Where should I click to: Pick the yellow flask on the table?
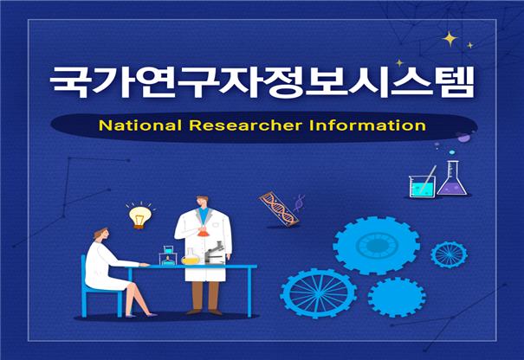189,256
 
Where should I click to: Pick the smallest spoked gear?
449,254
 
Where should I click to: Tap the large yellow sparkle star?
450,39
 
